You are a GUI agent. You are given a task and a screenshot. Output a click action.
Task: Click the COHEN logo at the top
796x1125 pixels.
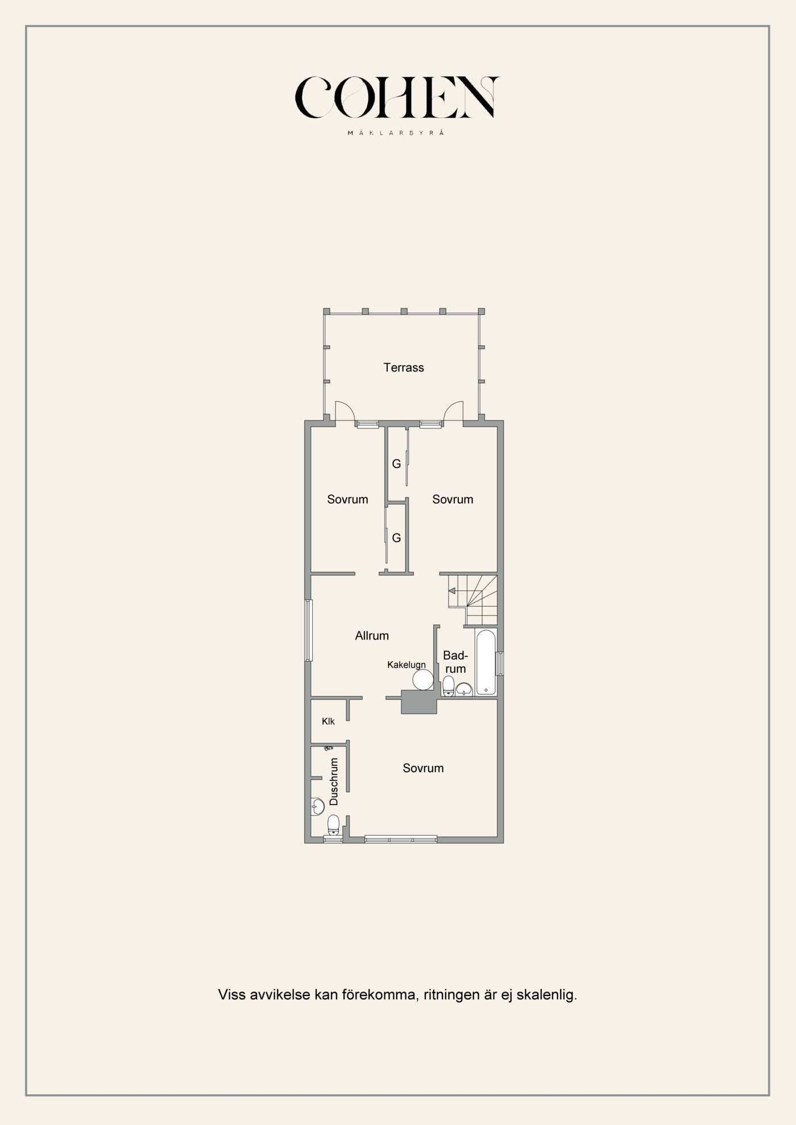point(397,97)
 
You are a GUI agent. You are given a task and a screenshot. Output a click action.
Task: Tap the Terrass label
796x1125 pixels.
point(404,368)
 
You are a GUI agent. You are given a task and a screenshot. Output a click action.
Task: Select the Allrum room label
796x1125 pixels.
point(372,636)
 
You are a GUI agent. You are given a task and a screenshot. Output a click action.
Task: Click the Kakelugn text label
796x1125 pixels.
point(407,665)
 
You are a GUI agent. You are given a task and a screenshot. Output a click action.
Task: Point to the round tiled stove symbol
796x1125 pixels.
point(423,680)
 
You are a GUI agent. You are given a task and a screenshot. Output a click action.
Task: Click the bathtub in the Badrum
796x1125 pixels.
point(486,662)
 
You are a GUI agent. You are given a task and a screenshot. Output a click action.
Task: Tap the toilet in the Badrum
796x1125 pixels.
point(449,686)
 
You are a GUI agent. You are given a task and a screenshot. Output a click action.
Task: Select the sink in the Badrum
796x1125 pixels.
point(464,689)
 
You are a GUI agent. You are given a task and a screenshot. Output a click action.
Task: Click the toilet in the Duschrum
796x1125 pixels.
point(334,824)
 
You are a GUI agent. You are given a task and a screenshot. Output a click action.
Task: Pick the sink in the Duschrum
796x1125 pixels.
point(317,806)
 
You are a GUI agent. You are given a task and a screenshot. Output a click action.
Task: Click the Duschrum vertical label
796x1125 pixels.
point(334,781)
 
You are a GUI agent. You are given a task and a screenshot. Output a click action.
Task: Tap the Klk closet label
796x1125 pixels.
point(328,722)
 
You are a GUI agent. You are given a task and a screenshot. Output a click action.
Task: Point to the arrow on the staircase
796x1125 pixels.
point(452,591)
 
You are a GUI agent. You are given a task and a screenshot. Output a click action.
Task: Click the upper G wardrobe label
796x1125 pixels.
point(396,464)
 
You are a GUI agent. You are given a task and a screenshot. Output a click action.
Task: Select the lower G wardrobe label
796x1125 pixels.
point(396,538)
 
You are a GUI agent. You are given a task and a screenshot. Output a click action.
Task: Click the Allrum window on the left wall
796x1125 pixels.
point(309,630)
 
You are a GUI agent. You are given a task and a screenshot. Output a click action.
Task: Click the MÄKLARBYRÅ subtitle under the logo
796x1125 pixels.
point(396,132)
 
